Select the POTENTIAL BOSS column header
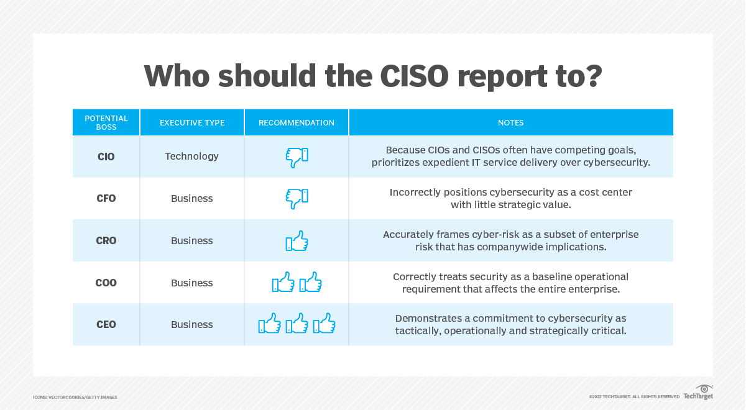(x=106, y=122)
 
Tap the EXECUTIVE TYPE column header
(x=192, y=123)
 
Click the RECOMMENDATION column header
(x=297, y=123)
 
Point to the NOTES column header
(x=510, y=123)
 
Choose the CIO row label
(x=106, y=157)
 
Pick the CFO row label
(x=106, y=199)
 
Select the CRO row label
(x=106, y=241)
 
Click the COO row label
(x=106, y=283)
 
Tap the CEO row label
(x=106, y=325)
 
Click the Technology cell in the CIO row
(x=191, y=157)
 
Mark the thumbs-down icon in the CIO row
(x=297, y=157)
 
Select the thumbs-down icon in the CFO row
(x=297, y=199)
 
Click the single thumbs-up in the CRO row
(x=297, y=241)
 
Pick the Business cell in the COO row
(x=191, y=283)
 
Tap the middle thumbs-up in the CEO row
(x=297, y=324)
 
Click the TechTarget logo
(x=698, y=393)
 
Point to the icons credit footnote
(x=75, y=397)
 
